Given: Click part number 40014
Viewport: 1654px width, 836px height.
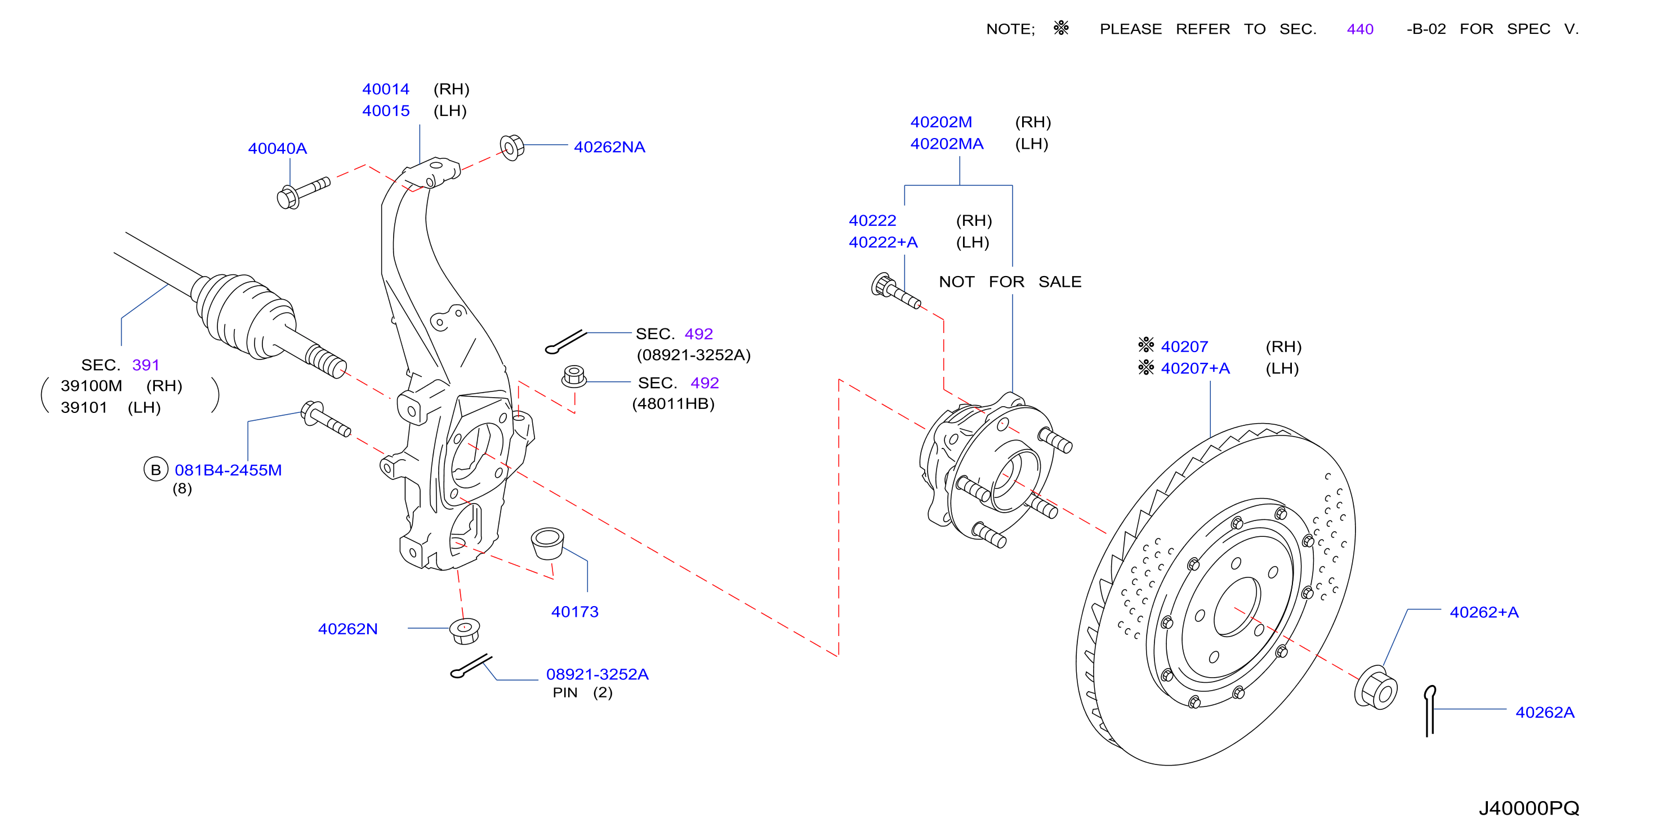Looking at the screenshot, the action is [x=385, y=89].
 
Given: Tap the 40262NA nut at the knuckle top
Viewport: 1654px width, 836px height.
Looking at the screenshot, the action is [x=512, y=148].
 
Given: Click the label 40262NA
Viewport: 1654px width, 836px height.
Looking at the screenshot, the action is [x=609, y=147].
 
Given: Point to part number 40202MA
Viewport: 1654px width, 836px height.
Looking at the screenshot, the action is [x=947, y=144].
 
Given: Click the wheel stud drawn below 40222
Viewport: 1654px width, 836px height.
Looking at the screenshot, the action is [x=895, y=291].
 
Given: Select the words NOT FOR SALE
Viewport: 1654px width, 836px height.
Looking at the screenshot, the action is [x=1010, y=282].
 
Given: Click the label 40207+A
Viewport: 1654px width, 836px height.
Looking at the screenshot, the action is [x=1195, y=368].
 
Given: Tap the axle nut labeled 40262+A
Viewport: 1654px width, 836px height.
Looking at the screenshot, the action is [x=1375, y=688].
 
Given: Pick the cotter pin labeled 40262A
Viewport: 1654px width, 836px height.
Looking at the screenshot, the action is [x=1429, y=711].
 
